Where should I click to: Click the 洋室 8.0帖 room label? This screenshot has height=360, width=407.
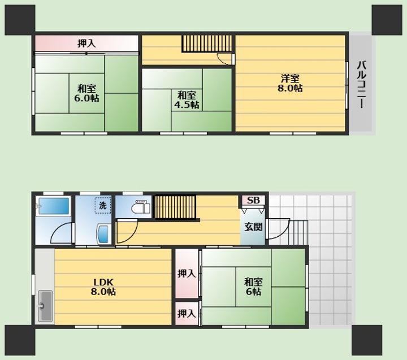click(x=289, y=83)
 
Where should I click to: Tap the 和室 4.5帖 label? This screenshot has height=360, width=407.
click(x=187, y=100)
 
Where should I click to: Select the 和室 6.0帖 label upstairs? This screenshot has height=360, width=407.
click(x=86, y=93)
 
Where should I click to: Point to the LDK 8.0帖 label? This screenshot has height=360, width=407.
click(x=103, y=287)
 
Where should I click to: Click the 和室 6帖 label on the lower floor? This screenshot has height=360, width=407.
click(x=253, y=287)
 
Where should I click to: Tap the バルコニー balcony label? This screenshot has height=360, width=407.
click(x=361, y=84)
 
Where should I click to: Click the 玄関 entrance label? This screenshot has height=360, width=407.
click(x=253, y=227)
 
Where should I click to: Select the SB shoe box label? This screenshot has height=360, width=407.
click(x=253, y=201)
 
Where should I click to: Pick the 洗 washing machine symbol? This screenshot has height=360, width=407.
click(x=103, y=205)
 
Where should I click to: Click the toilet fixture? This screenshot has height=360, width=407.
click(x=141, y=207)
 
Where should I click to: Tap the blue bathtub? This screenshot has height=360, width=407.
click(x=54, y=206)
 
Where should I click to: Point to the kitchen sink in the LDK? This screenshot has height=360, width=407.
click(x=45, y=306)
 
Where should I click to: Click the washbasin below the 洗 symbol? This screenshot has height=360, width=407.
click(x=103, y=234)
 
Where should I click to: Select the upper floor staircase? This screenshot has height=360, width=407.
click(x=207, y=44)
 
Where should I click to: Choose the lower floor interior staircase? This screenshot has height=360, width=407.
click(x=175, y=207)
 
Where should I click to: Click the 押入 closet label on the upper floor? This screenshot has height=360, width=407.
click(x=86, y=44)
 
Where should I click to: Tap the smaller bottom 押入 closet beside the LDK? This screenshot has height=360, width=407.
click(x=187, y=314)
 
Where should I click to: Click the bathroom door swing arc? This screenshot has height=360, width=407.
click(x=60, y=233)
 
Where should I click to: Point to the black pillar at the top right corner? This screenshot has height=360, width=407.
click(x=387, y=20)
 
